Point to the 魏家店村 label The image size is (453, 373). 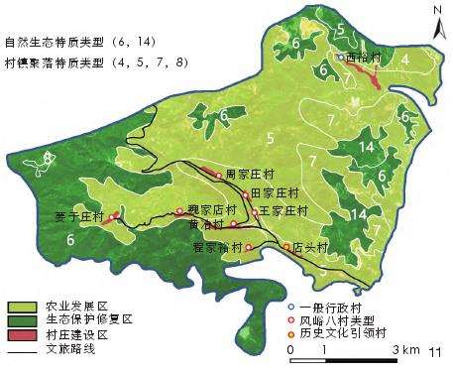point(211,210)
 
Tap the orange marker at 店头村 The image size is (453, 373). point(287,245)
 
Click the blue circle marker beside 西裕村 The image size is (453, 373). point(339,58)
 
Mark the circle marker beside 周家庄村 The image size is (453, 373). point(219,175)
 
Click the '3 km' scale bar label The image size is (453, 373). point(408,351)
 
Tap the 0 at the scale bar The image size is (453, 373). point(289,351)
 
